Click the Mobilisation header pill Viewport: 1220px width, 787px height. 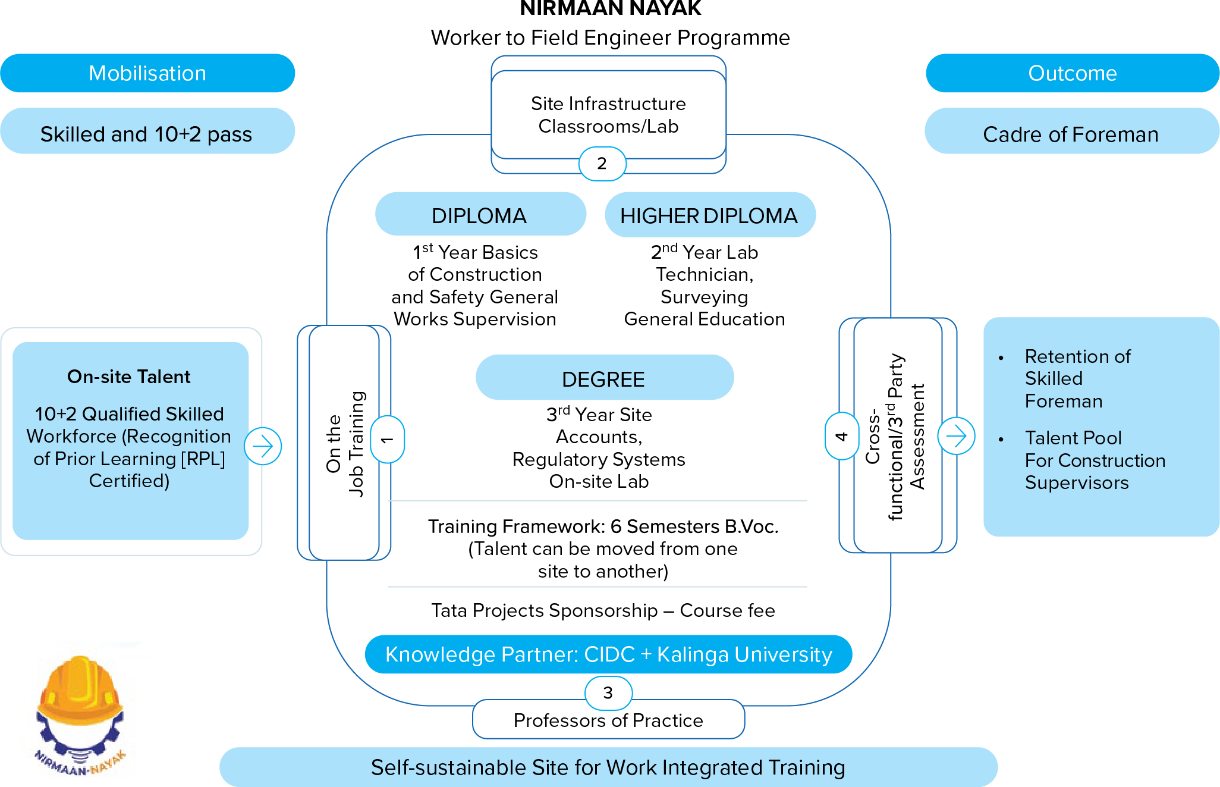(147, 73)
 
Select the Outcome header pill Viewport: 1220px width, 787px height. (1073, 73)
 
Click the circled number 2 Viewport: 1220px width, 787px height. (602, 164)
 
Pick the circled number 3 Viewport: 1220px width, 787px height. (608, 693)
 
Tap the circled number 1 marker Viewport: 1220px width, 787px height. (388, 440)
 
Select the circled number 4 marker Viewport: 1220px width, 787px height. (841, 436)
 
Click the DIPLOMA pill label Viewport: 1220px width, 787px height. (480, 215)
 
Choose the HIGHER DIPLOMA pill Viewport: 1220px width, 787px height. (709, 215)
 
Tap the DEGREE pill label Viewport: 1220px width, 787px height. (604, 379)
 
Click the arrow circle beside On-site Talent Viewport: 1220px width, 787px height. (263, 446)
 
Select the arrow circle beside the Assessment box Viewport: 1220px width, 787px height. (956, 436)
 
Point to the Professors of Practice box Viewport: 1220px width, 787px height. (608, 720)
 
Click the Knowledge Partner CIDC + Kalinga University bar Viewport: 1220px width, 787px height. (608, 654)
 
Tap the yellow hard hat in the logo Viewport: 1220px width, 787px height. (80, 690)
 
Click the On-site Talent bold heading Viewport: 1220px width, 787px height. (129, 377)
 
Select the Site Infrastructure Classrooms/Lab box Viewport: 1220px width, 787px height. (608, 115)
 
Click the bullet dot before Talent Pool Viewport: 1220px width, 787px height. (1001, 440)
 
